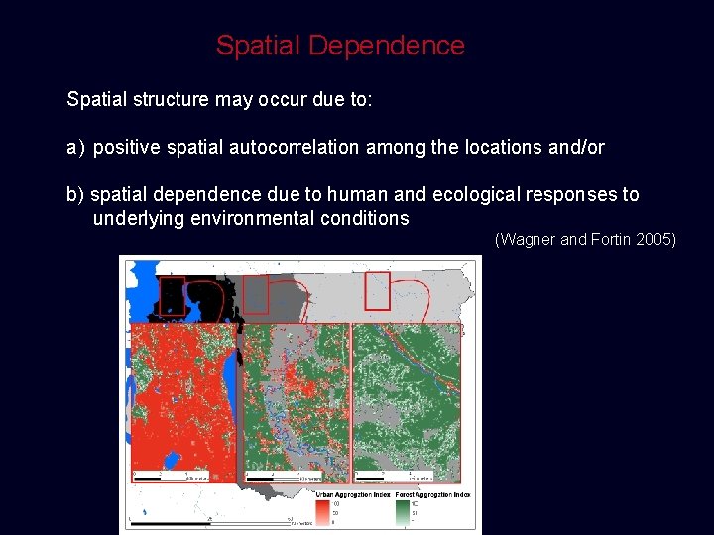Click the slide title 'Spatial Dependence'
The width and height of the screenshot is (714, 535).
(340, 46)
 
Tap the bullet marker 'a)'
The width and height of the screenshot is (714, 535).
(75, 148)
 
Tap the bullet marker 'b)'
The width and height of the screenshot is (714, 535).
(75, 195)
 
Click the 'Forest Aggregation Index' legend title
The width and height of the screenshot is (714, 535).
(431, 494)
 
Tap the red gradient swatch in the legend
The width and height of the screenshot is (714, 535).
(323, 511)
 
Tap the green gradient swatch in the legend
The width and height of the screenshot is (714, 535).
(402, 511)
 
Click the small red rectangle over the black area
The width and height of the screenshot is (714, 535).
(174, 295)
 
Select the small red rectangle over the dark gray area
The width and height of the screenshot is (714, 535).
(256, 293)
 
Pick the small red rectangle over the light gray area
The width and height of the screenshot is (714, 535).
(377, 290)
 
